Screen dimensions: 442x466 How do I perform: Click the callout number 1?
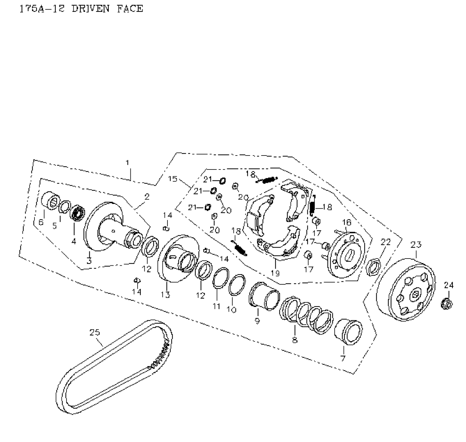[127, 163]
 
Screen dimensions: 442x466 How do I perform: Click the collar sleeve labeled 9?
[264, 296]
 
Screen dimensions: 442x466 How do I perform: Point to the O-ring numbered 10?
[237, 285]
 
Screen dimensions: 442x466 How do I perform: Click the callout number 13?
[165, 294]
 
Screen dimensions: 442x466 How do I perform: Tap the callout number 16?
[346, 222]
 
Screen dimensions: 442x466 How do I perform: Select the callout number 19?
[275, 273]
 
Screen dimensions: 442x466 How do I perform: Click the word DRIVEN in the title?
[90, 8]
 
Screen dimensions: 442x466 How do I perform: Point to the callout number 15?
[172, 179]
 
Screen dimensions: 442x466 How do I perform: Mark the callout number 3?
[89, 260]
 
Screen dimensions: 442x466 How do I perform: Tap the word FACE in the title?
[130, 8]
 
